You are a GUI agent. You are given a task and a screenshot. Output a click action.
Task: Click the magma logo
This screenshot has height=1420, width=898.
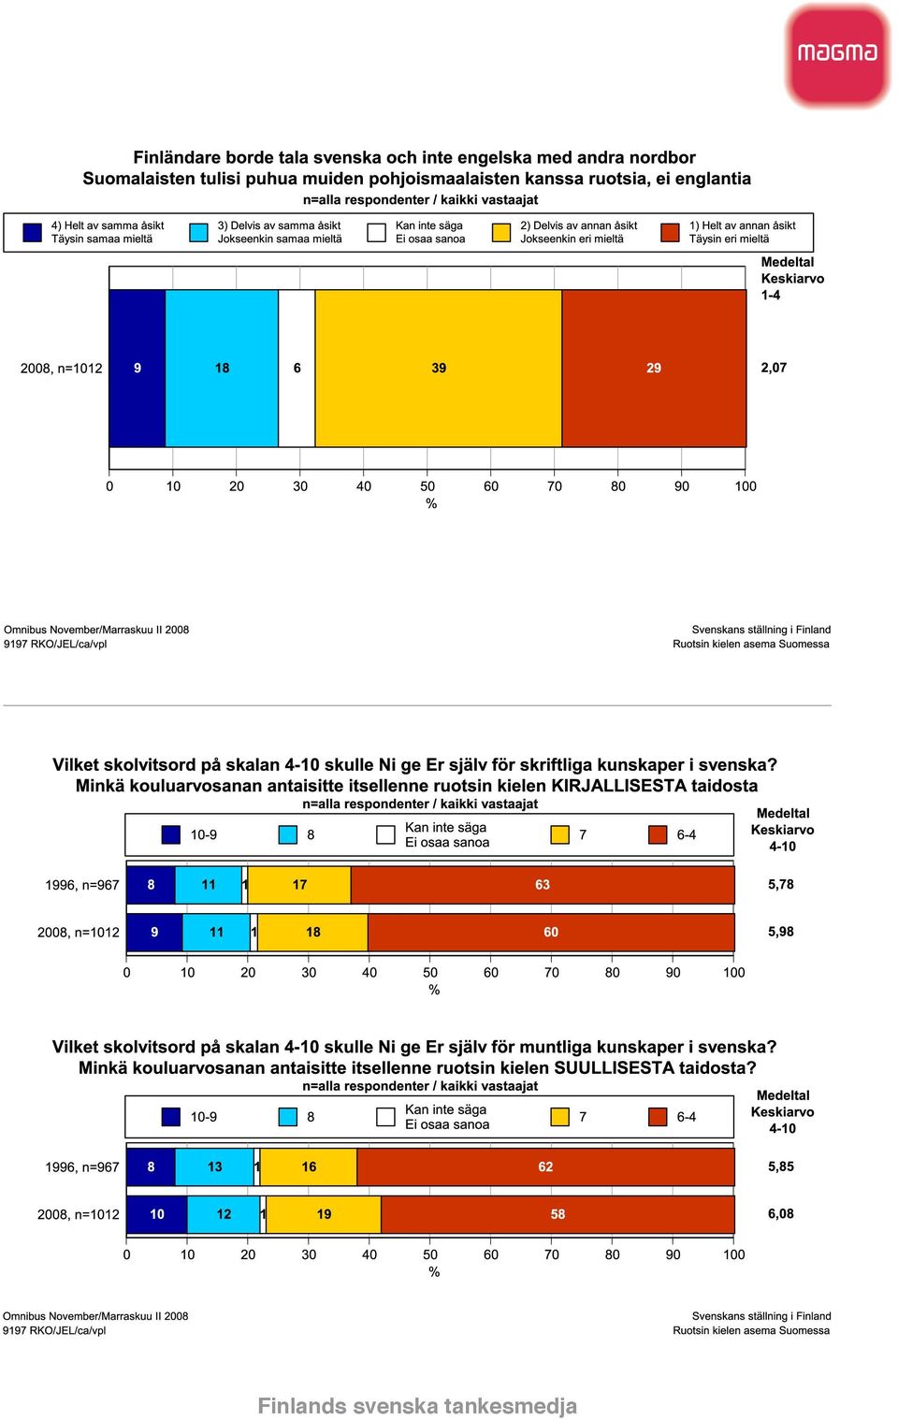[x=837, y=54]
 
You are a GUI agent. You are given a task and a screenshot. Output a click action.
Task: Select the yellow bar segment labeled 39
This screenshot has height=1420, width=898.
[x=439, y=369]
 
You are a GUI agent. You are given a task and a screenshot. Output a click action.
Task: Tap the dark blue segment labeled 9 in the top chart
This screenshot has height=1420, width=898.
[x=138, y=369]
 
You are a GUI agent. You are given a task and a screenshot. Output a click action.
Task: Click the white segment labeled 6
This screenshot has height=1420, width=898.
[x=297, y=369]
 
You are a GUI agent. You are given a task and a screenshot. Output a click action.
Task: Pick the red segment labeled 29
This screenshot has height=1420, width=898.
[x=654, y=369]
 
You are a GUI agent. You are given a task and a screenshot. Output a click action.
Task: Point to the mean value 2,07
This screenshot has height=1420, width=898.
[x=774, y=368]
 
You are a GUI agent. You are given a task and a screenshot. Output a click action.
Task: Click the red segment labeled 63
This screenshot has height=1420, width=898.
[x=543, y=885]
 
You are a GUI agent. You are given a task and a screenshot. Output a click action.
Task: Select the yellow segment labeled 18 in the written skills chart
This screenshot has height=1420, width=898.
[x=313, y=933]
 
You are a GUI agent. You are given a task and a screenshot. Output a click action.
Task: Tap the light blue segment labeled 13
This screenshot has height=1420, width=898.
[x=215, y=1167]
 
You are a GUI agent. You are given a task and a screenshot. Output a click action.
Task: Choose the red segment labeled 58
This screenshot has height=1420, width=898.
[x=558, y=1214]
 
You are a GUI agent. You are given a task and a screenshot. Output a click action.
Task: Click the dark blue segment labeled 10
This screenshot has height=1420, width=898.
[x=157, y=1214]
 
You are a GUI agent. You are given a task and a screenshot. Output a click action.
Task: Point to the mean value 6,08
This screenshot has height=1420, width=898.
[x=781, y=1214]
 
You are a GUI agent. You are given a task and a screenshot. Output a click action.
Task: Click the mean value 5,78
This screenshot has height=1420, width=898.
[x=781, y=884]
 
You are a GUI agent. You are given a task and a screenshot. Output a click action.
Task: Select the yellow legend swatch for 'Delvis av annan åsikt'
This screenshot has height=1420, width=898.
[x=501, y=233]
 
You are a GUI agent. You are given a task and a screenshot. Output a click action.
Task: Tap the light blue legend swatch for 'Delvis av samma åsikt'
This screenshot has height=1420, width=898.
[x=199, y=233]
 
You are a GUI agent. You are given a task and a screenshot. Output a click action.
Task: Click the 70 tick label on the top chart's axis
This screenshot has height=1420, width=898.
[x=555, y=486]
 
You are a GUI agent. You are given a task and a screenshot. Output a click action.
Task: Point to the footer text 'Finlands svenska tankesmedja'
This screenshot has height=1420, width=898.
[x=417, y=1406]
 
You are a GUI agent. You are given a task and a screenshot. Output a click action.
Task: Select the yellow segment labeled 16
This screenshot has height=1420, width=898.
[x=309, y=1167]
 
